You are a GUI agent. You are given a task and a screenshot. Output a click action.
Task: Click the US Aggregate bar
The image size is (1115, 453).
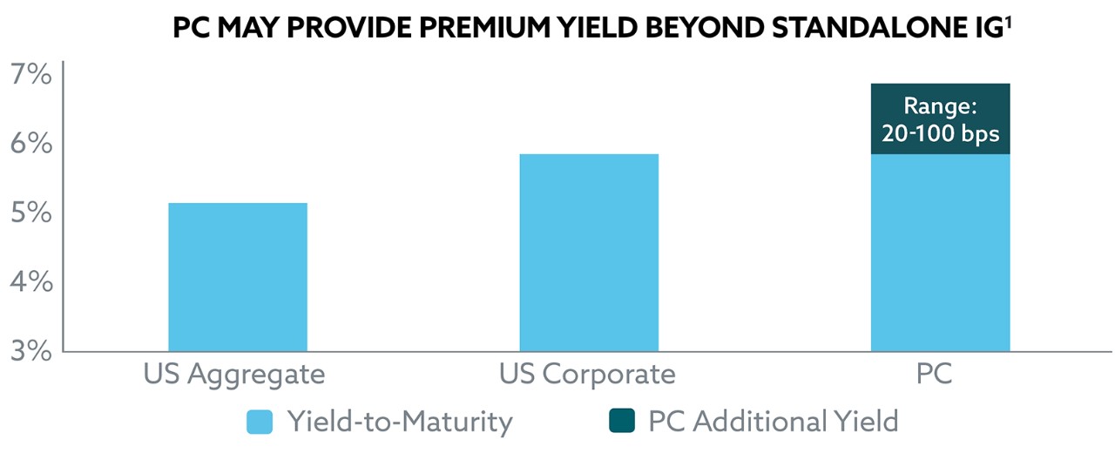237,277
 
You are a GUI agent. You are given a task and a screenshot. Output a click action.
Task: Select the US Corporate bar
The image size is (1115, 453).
588,253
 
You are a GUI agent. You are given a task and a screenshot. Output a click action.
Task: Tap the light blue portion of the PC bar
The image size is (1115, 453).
940,253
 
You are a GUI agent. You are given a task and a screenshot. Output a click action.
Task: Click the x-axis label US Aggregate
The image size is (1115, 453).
234,375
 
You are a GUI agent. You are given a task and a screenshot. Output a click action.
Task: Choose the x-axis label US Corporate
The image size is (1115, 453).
587,375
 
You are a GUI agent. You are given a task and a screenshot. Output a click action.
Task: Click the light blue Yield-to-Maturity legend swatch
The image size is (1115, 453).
260,423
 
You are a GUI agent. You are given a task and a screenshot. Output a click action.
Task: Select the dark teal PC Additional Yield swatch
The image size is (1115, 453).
620,423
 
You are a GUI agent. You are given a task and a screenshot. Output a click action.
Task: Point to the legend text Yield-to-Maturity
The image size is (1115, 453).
399,423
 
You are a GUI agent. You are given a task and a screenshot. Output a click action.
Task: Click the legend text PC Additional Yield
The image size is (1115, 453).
773,423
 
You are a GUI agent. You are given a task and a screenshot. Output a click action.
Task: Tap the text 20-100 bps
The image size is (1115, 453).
940,135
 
